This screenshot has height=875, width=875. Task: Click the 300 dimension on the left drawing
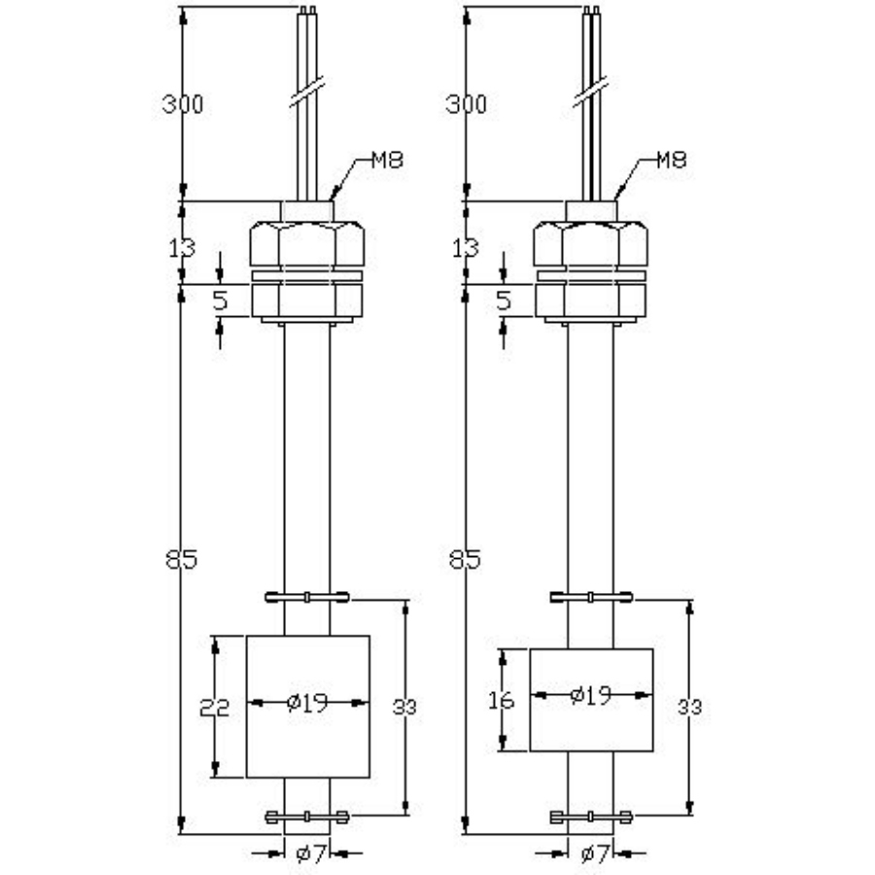183,104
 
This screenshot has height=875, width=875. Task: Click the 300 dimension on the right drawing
466,104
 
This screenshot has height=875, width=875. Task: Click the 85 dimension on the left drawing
182,560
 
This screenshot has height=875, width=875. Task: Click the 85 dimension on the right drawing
466,560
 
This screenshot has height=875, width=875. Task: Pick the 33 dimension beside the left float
404,707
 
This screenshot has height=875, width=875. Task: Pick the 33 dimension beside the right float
689,707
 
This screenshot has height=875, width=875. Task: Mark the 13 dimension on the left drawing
182,248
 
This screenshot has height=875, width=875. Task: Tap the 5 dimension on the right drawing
503,301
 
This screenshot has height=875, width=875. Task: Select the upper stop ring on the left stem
307,596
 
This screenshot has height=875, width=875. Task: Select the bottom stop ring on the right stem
591,817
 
